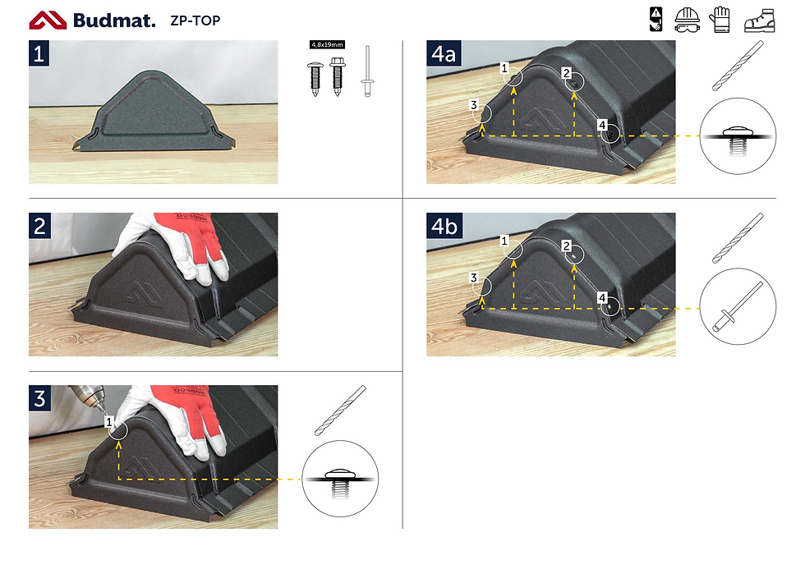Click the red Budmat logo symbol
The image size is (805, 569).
48,21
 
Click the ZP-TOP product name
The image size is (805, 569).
195,21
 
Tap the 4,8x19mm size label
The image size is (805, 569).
327,44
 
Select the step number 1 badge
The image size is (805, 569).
39,53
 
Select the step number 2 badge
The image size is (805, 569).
39,226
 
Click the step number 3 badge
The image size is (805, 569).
39,398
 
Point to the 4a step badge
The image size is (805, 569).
444,53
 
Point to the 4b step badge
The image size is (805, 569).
444,226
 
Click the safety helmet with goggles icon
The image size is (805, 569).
687,21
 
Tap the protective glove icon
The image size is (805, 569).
720,20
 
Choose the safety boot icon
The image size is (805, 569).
760,21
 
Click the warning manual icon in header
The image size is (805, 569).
656,20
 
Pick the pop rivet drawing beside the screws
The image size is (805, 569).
367,71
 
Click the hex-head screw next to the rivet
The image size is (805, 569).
338,76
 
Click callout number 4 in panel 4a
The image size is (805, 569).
602,125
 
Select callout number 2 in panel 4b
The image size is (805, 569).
566,245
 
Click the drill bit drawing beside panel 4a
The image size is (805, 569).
738,66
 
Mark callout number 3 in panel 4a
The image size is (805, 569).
473,105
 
